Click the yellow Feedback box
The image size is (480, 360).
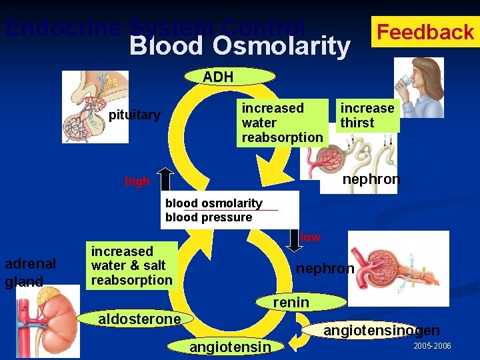[x=425, y=31]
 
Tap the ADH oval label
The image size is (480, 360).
[x=219, y=77]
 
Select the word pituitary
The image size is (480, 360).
[x=135, y=115]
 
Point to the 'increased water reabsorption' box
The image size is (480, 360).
[x=282, y=123]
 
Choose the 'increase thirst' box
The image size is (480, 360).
[x=367, y=115]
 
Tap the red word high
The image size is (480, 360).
[x=137, y=181]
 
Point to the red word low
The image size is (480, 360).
[x=310, y=237]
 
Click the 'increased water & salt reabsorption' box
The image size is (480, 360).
[x=133, y=266]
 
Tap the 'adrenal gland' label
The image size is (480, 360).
[x=30, y=272]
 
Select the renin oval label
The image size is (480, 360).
[x=291, y=303]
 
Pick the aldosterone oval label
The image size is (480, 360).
[x=139, y=319]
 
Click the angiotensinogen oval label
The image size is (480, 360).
[x=382, y=331]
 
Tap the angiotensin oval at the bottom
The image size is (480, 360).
[x=231, y=347]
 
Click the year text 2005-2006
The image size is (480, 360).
[x=432, y=347]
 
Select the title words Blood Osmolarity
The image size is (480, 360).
[x=239, y=47]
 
